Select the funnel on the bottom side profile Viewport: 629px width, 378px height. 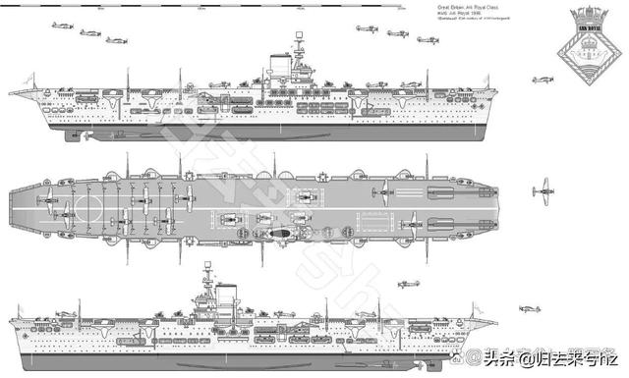pyautogui.click(x=227, y=293)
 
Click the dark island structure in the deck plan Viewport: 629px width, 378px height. pyautogui.click(x=279, y=235)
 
